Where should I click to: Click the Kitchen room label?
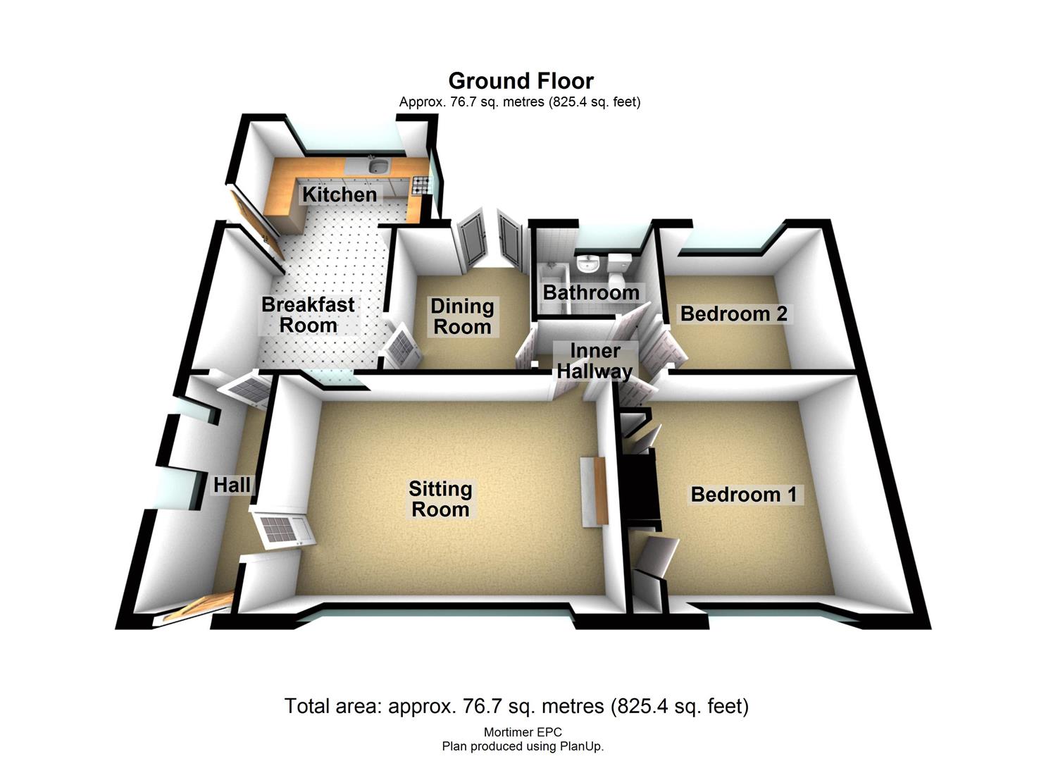pos(340,194)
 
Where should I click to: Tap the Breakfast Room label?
pos(308,315)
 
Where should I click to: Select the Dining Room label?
pos(462,317)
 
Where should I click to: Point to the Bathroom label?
pos(591,293)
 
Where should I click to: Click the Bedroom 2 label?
pos(733,314)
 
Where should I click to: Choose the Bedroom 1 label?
pos(744,494)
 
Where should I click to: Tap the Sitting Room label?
pos(440,499)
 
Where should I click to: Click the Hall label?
pos(232,485)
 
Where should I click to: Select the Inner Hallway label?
pos(594,361)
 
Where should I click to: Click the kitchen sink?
pos(378,165)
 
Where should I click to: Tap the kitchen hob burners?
pos(421,185)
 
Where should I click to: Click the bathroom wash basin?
pos(588,264)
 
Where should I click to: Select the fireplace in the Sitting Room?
pos(594,491)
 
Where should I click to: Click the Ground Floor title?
pos(521,81)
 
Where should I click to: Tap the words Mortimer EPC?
pos(523,732)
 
